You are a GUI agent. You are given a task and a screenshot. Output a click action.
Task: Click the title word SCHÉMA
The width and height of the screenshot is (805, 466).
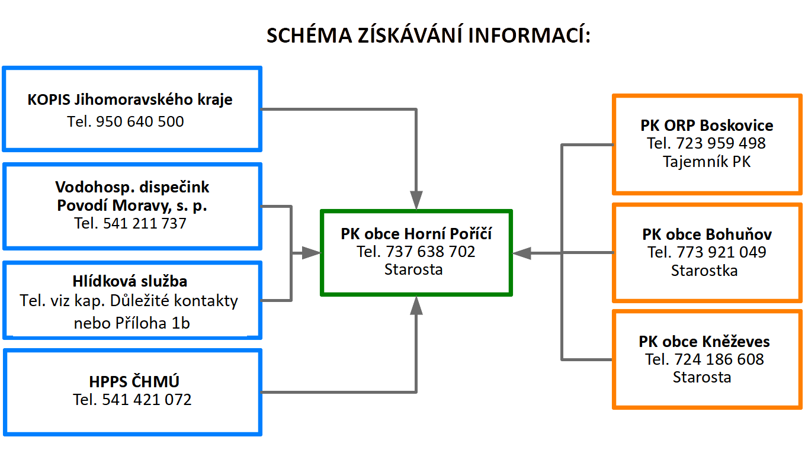tap(309, 35)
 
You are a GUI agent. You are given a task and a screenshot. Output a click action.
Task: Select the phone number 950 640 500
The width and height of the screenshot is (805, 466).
tap(140, 121)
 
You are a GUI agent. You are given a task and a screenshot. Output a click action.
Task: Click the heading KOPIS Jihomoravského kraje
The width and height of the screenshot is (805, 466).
tap(130, 99)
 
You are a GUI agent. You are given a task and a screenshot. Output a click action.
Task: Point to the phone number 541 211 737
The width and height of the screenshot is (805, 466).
tap(145, 223)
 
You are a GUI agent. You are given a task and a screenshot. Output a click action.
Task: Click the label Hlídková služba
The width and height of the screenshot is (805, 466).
tap(130, 281)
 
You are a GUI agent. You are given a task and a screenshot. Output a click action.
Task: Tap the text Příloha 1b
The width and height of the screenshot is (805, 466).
tap(152, 323)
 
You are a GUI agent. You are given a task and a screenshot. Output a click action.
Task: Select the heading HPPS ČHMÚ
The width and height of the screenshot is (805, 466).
tap(134, 381)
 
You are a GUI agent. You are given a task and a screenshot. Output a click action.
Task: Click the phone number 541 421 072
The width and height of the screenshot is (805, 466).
tap(147, 400)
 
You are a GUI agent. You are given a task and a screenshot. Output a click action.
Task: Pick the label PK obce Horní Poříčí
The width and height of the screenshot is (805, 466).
tap(416, 233)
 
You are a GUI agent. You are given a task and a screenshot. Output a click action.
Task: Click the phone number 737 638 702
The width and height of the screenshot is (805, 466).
tap(430, 252)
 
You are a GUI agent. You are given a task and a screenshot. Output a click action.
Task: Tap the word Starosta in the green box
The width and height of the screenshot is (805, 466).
tap(413, 269)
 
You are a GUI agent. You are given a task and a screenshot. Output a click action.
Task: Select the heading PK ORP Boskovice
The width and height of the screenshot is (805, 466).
tap(707, 126)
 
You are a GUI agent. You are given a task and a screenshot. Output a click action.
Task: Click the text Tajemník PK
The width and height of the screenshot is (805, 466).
tap(707, 162)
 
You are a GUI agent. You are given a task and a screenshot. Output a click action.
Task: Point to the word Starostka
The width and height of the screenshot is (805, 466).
tap(704, 271)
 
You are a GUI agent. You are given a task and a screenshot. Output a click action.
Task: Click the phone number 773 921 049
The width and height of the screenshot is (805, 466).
tap(721, 252)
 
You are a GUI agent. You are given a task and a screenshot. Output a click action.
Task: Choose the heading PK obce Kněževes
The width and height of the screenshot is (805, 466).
tap(704, 341)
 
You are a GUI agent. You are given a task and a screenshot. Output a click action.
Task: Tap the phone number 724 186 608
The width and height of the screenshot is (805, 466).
tap(719, 359)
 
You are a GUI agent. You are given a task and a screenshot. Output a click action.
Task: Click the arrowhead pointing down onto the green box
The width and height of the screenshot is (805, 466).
tap(416, 200)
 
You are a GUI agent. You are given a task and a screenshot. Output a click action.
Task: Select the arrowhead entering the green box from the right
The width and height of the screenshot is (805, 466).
tap(522, 253)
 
